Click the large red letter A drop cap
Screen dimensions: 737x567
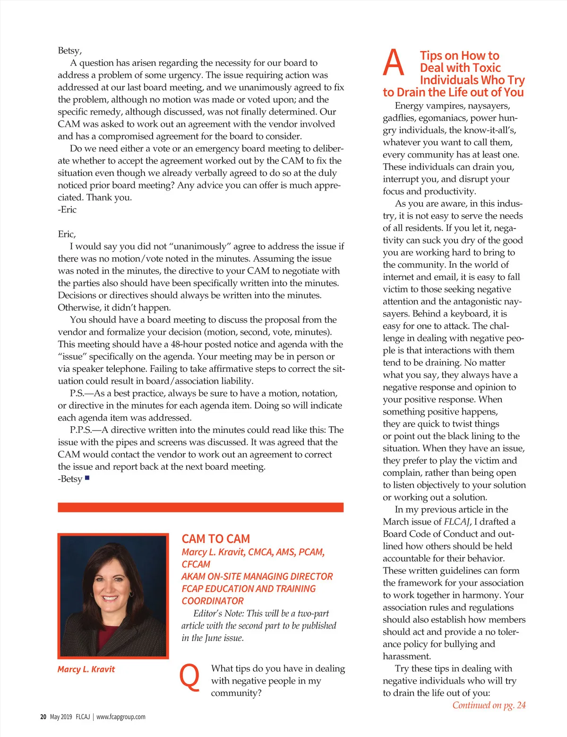(394, 63)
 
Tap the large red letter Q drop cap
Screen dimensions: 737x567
(190, 677)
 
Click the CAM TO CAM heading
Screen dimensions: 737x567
(216, 539)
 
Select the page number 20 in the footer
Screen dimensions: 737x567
(43, 717)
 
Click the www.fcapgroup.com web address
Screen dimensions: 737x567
(121, 717)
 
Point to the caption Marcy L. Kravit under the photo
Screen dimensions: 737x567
(86, 669)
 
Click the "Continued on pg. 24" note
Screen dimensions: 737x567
(489, 705)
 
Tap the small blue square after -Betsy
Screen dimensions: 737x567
(87, 478)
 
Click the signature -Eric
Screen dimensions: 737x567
(67, 210)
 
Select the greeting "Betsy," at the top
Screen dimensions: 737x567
(70, 51)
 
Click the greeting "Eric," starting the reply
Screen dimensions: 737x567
(67, 234)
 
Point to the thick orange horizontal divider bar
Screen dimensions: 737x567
(200, 507)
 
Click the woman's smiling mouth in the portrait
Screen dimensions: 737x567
(110, 598)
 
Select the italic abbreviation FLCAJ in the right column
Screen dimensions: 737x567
(457, 522)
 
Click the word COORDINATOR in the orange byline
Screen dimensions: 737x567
(213, 601)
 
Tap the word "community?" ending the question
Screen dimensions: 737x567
(236, 693)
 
